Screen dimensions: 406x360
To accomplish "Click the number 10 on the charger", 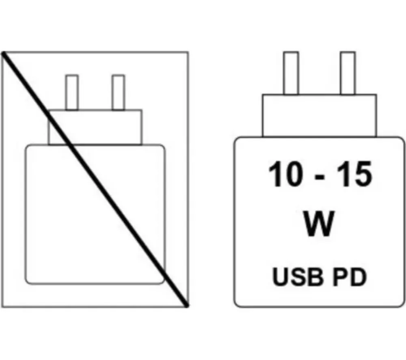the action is click(x=285, y=174).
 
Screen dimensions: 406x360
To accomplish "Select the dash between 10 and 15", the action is click(x=320, y=177).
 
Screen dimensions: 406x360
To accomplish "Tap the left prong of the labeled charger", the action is click(x=291, y=73).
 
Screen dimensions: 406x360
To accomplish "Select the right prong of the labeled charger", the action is click(x=348, y=73).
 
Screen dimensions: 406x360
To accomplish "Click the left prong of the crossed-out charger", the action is click(x=72, y=93).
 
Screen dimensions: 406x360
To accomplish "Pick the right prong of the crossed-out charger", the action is click(x=118, y=93).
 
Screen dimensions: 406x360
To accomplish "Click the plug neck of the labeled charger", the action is click(x=319, y=115).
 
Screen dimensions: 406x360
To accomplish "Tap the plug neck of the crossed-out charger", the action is click(x=95, y=127).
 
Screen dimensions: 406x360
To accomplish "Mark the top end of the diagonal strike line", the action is click(x=3, y=53).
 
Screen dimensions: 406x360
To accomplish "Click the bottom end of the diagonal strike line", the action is click(x=186, y=306).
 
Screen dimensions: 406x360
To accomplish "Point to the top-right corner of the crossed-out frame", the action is click(x=188, y=52).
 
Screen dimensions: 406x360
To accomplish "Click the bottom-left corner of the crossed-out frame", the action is click(x=2, y=307).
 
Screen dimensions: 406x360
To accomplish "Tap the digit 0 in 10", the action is click(x=293, y=174).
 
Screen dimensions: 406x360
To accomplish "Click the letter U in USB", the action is click(x=281, y=277).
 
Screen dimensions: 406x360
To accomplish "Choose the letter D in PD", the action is click(x=358, y=277).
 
